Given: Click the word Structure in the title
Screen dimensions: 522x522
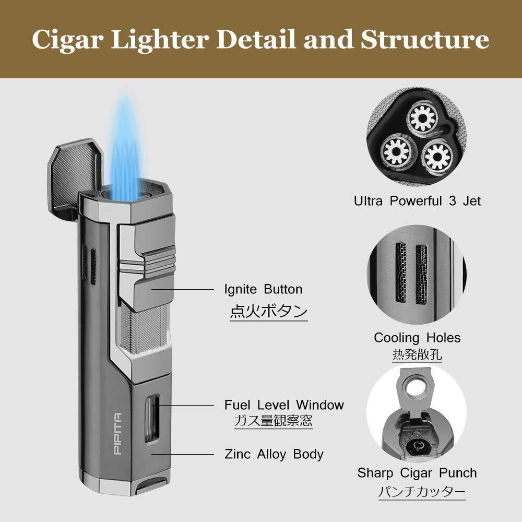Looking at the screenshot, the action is click(x=425, y=40).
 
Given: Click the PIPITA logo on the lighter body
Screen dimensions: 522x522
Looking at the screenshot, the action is click(x=117, y=434).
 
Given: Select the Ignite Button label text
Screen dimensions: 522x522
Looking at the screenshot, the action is click(x=263, y=289).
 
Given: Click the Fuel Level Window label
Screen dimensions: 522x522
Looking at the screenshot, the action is click(x=284, y=405).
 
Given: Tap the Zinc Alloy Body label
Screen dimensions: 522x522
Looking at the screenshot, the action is click(x=274, y=454).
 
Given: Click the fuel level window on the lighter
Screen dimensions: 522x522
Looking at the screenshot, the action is click(x=152, y=419).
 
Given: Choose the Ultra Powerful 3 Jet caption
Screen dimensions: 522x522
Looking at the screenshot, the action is click(x=417, y=201).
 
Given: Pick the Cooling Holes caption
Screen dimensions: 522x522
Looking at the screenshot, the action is click(x=417, y=338).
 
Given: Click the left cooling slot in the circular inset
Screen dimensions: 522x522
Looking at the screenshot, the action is click(x=400, y=272).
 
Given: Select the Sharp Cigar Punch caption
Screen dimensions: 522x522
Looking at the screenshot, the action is click(x=417, y=473).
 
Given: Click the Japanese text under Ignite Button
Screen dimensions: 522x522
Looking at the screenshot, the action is click(x=269, y=312).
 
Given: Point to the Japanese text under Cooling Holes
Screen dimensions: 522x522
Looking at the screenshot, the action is click(x=417, y=354).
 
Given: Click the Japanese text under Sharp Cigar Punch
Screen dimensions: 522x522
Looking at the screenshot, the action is click(x=422, y=491).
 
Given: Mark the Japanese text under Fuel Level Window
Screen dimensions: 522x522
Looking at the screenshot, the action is click(x=274, y=421).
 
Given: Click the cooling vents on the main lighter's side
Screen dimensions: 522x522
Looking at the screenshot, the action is click(x=90, y=265).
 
